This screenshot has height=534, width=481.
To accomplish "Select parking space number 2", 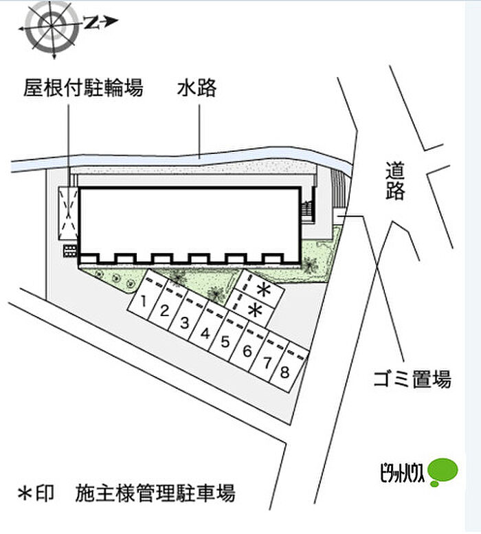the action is tap(165, 311).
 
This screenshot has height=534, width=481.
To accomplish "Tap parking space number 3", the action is tap(185, 322).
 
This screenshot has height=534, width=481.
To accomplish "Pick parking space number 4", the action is tap(205, 333).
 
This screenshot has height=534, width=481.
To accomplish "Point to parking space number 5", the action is tap(225, 342).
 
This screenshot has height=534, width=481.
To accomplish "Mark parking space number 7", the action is tap(265, 362).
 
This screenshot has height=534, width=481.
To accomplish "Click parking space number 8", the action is tap(284, 373).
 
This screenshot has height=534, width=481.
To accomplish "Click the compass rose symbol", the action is tap(50, 25).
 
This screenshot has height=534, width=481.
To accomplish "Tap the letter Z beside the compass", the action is tap(90, 22).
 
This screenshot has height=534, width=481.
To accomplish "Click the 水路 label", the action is tap(197, 88).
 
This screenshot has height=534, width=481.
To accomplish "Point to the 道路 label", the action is tap(395, 180).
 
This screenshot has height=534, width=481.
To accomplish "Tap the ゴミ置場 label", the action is tap(412, 378).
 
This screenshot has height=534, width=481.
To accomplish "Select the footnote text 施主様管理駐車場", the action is tap(156, 493).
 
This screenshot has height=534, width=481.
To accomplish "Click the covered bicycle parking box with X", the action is tap(69, 211).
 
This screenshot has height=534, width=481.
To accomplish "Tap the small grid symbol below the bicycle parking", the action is tap(69, 250).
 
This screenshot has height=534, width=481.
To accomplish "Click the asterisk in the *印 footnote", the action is tap(25, 493).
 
